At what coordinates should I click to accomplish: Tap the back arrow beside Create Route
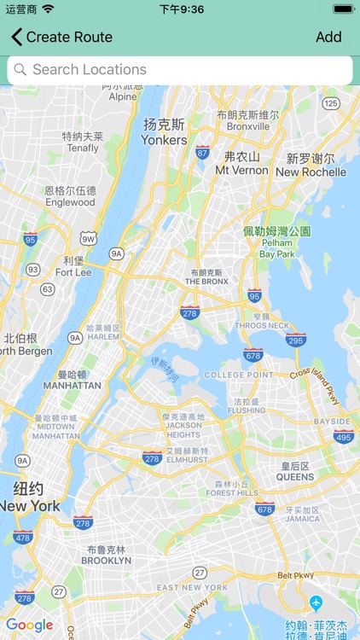point(16,37)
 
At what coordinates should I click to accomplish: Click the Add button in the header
point(328,37)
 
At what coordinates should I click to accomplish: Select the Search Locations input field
point(180,70)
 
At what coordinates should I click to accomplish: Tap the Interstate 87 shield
point(202,152)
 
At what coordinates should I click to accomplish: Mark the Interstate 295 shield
point(296,339)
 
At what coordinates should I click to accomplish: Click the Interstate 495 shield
point(344,436)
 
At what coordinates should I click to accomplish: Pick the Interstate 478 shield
point(23,537)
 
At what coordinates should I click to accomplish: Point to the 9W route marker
point(88,237)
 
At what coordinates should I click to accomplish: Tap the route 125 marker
point(331,103)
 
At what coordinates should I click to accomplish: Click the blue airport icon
point(316,602)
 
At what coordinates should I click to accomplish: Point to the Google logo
point(31,625)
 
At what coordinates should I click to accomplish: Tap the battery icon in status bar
point(343,9)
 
